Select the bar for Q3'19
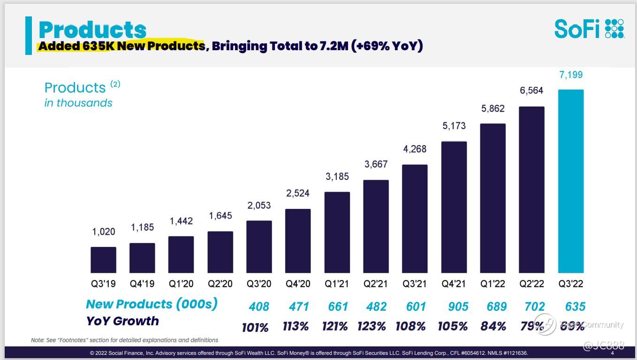103,260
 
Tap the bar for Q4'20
298,241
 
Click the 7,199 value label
571,75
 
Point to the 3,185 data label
337,177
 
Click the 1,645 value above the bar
220,216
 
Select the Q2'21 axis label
376,284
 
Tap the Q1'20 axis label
181,284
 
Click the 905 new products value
458,306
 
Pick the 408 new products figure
259,306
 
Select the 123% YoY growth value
372,326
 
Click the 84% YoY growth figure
493,326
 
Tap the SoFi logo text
577,29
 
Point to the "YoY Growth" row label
122,321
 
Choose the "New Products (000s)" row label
152,304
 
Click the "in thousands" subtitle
78,103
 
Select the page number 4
613,353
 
